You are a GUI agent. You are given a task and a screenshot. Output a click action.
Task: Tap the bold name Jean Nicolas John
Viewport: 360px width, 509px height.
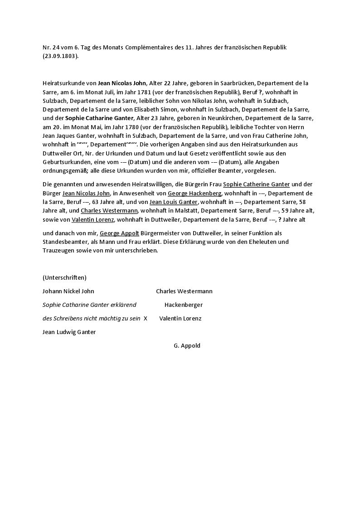[x=122, y=83]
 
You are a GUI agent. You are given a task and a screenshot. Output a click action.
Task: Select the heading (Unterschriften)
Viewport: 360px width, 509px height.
[x=64, y=277]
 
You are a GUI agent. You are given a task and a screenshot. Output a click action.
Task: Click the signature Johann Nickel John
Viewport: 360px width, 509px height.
[x=68, y=291]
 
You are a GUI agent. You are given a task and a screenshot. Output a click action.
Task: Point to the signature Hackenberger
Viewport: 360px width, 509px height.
[x=184, y=305]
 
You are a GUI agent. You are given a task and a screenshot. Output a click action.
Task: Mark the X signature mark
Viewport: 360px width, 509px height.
[x=146, y=318]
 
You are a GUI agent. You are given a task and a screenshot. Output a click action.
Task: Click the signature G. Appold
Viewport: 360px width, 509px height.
[x=187, y=345]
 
